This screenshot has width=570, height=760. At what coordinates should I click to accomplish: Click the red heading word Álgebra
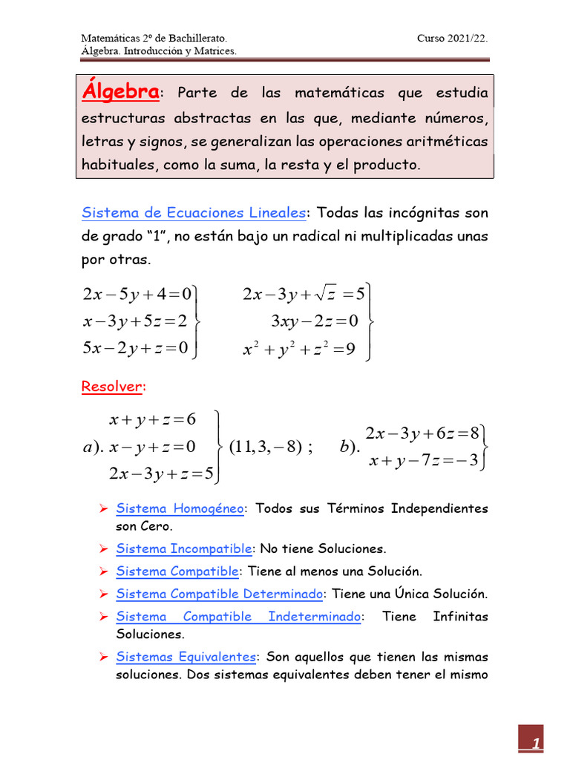pyautogui.click(x=120, y=93)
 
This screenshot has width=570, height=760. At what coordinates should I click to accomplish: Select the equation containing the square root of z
pyautogui.click(x=304, y=295)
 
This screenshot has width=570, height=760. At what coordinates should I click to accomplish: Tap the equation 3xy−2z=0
pyautogui.click(x=314, y=321)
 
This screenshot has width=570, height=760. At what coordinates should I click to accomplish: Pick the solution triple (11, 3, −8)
pyautogui.click(x=265, y=447)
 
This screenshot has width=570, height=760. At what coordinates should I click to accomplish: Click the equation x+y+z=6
pyautogui.click(x=152, y=420)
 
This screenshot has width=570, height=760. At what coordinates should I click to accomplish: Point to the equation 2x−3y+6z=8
pyautogui.click(x=422, y=433)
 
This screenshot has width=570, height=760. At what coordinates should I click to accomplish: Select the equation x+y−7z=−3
pyautogui.click(x=422, y=462)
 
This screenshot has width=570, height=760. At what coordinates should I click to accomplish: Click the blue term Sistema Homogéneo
pyautogui.click(x=180, y=509)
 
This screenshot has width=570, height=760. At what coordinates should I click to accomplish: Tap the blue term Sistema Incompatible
pyautogui.click(x=184, y=549)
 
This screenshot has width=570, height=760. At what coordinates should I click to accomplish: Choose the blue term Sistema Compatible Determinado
pyautogui.click(x=220, y=594)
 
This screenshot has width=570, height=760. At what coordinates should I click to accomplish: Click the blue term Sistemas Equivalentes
pyautogui.click(x=186, y=658)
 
